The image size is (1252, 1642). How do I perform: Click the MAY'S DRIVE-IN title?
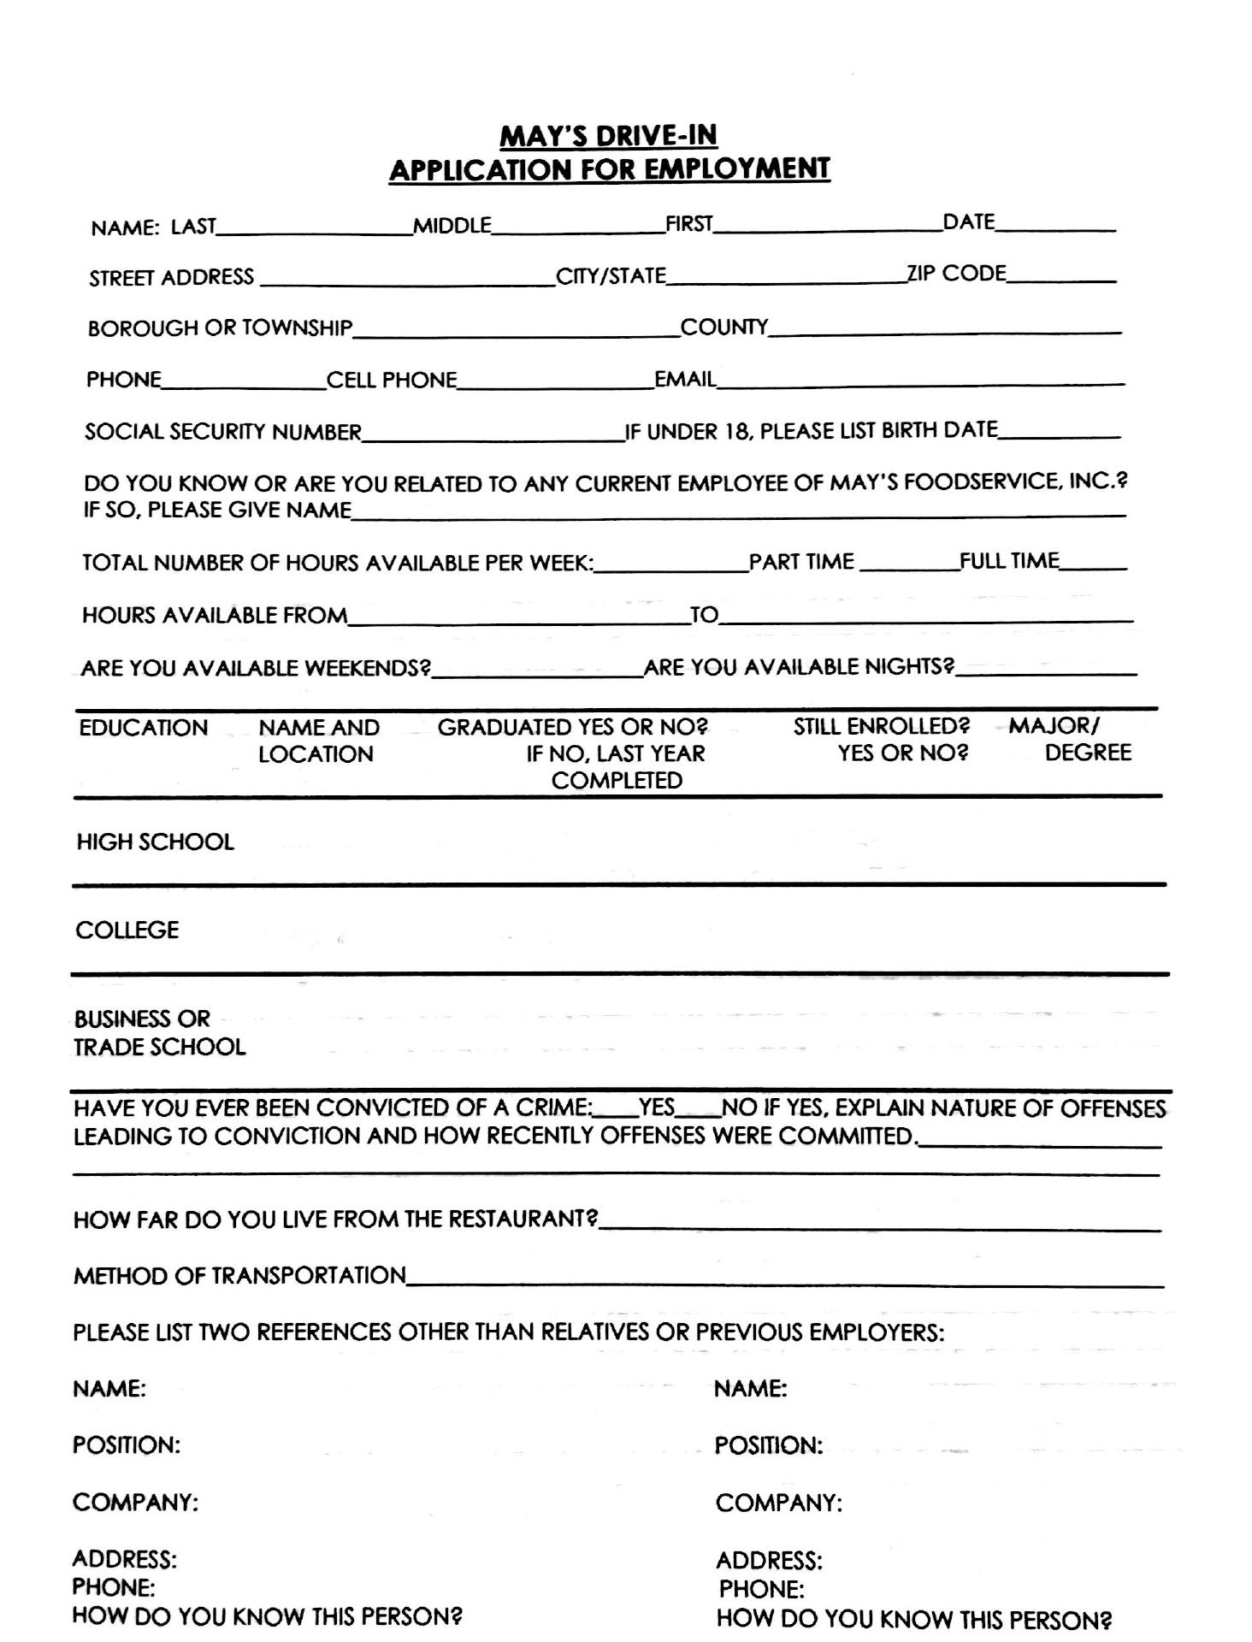pyautogui.click(x=608, y=136)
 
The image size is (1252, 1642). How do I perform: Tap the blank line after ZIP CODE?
pyautogui.click(x=1061, y=275)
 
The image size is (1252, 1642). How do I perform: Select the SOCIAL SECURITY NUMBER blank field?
pyautogui.click(x=493, y=433)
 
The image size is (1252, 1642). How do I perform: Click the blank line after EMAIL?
pyautogui.click(x=919, y=380)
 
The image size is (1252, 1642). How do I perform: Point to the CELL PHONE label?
pyautogui.click(x=392, y=381)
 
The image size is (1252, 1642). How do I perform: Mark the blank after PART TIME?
pyautogui.click(x=908, y=564)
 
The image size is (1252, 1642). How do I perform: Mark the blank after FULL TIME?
pyautogui.click(x=1094, y=563)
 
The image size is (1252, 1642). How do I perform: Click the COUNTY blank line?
pyautogui.click(x=944, y=328)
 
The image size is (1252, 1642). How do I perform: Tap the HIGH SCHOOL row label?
pyautogui.click(x=155, y=842)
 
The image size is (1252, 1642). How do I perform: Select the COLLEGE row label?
pyautogui.click(x=127, y=930)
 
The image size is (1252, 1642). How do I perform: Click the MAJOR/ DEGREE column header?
pyautogui.click(x=1070, y=740)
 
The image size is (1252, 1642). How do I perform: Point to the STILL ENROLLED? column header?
pyautogui.click(x=882, y=740)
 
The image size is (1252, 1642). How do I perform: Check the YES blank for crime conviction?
pyautogui.click(x=616, y=1110)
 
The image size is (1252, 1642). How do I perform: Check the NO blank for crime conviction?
pyautogui.click(x=699, y=1110)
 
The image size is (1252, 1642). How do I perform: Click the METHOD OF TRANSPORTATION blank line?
pyautogui.click(x=784, y=1278)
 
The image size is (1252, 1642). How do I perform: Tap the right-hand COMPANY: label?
pyautogui.click(x=778, y=1503)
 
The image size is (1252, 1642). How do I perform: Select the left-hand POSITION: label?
pyautogui.click(x=126, y=1445)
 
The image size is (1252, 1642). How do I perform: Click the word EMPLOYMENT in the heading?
pyautogui.click(x=736, y=169)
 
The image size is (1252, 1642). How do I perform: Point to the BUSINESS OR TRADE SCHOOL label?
pyautogui.click(x=159, y=1033)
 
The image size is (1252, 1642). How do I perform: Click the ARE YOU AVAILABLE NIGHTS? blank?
pyautogui.click(x=1046, y=669)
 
